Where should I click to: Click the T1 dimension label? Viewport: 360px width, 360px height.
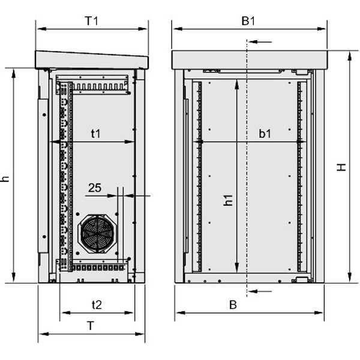pos(92,21)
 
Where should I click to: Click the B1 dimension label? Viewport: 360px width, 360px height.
pos(248,21)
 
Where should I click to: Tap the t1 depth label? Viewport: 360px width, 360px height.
pos(96,134)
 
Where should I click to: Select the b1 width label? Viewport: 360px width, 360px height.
pos(265,134)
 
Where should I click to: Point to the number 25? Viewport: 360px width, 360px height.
pos(95,188)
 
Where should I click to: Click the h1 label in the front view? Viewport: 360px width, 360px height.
pos(228,200)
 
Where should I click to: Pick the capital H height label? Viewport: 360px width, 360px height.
pos(341,167)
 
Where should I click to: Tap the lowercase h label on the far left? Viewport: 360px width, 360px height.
pos(5,179)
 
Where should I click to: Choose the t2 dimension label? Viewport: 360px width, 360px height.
pos(97,305)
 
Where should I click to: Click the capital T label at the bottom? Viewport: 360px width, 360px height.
pos(91,326)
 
